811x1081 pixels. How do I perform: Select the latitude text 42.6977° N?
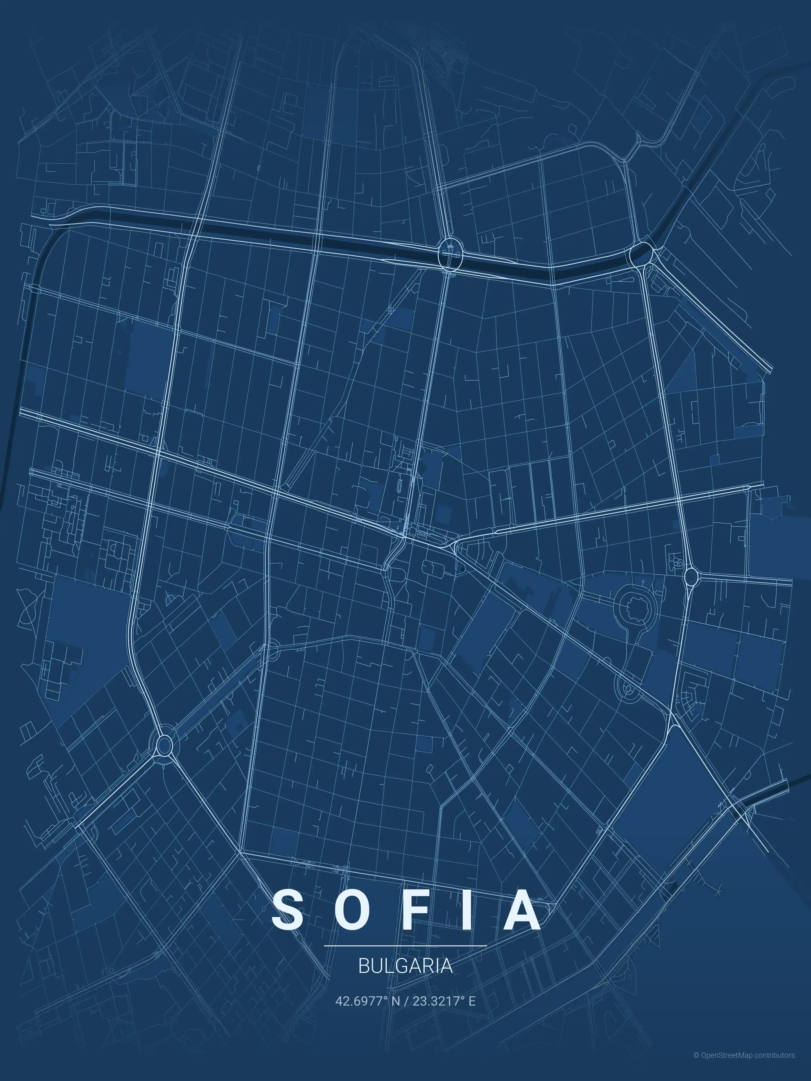click(x=367, y=1001)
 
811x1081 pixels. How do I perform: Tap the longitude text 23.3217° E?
click(x=444, y=1001)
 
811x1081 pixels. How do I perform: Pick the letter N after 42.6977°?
click(x=395, y=1001)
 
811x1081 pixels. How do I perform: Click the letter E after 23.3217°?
click(x=472, y=1001)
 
